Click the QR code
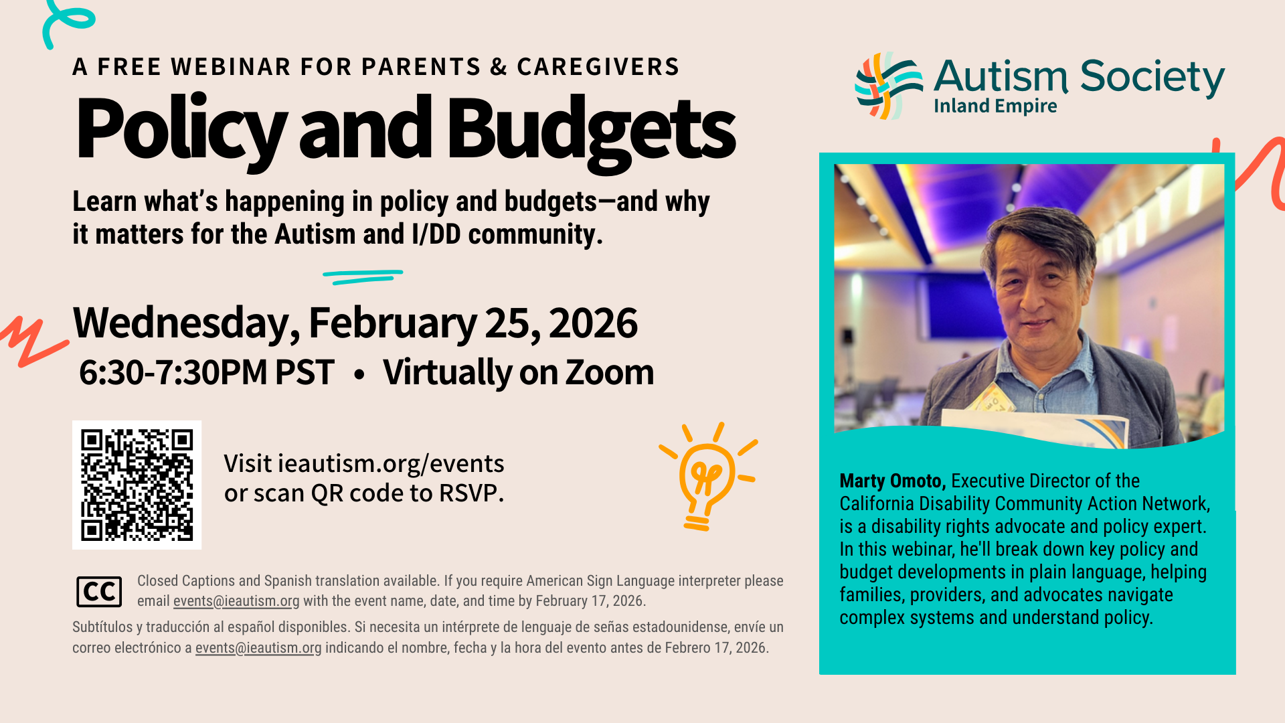[x=137, y=485]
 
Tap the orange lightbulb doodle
[x=707, y=477]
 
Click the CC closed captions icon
[x=99, y=592]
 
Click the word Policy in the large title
[x=181, y=129]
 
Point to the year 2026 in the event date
[x=593, y=323]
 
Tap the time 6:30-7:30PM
[x=173, y=372]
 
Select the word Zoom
[x=610, y=372]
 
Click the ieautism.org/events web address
[x=391, y=463]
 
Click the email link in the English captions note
[x=236, y=601]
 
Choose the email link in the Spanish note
[x=258, y=648]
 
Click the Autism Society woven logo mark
[x=889, y=86]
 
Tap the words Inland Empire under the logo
[x=995, y=106]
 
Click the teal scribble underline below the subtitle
[x=362, y=276]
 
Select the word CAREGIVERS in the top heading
[x=598, y=67]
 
